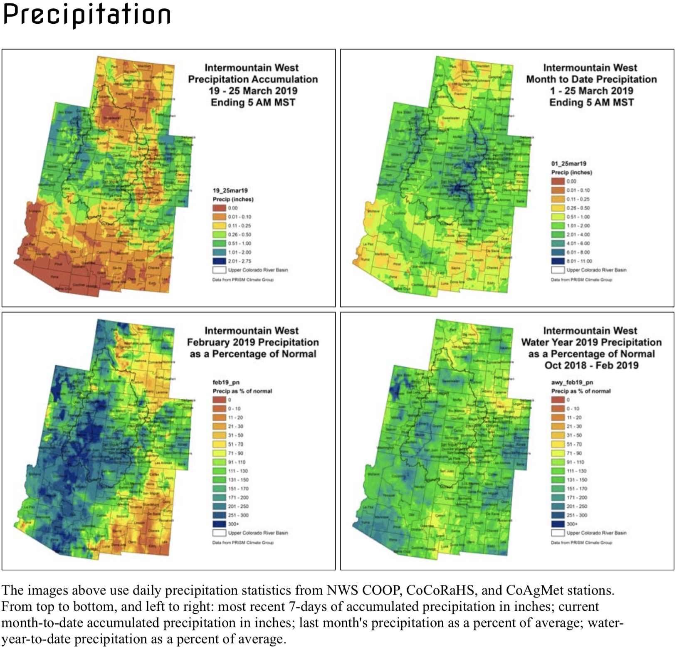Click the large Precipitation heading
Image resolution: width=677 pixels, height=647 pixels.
pyautogui.click(x=86, y=15)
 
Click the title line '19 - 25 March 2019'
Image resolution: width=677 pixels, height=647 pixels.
pyautogui.click(x=253, y=91)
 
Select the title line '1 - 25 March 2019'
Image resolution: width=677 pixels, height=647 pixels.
pyautogui.click(x=591, y=91)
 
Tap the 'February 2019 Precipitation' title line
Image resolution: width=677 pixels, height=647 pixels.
pyautogui.click(x=253, y=342)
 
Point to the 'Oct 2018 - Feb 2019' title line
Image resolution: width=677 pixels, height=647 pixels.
pyautogui.click(x=591, y=365)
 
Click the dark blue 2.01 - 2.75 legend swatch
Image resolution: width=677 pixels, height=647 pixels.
pyautogui.click(x=220, y=261)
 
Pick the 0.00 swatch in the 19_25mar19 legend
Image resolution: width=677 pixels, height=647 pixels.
pyautogui.click(x=220, y=208)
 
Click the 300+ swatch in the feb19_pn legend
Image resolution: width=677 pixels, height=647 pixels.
pyautogui.click(x=220, y=524)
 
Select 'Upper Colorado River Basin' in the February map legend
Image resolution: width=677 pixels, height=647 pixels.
pyautogui.click(x=257, y=533)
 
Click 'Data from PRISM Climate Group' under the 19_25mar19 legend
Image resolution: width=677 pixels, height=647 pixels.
pyautogui.click(x=243, y=279)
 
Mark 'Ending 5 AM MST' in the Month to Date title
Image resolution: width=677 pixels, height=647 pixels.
pyautogui.click(x=591, y=102)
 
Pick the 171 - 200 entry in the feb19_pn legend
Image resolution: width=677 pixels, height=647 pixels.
pyautogui.click(x=238, y=497)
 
